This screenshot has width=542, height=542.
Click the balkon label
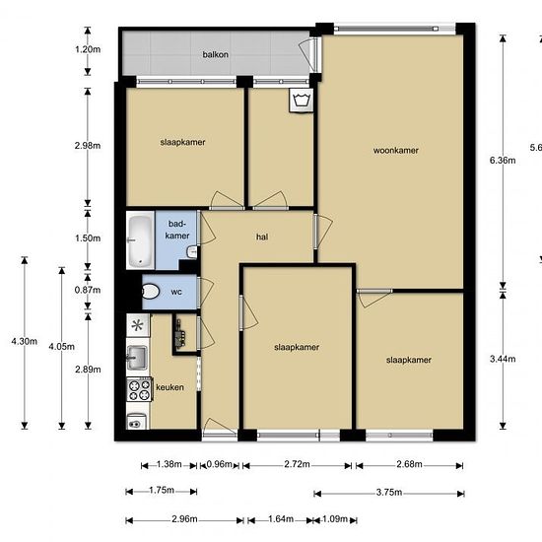click(x=216, y=54)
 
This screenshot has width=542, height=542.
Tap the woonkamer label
click(x=396, y=151)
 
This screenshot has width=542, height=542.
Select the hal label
click(x=262, y=237)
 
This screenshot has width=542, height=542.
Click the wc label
click(x=176, y=292)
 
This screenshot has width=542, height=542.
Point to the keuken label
click(x=169, y=387)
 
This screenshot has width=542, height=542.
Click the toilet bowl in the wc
click(x=150, y=292)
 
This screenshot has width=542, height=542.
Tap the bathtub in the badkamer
click(x=140, y=240)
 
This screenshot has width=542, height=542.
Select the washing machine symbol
click(x=302, y=101)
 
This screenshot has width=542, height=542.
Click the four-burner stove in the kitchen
click(x=139, y=389)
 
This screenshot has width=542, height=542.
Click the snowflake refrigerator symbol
click(x=138, y=325)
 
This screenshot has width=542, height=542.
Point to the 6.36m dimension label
click(x=503, y=161)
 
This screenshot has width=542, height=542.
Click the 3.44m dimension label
click(x=503, y=359)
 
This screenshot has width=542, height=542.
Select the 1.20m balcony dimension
click(x=88, y=49)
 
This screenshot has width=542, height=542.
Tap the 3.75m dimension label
click(x=389, y=492)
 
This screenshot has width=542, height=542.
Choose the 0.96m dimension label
click(x=219, y=464)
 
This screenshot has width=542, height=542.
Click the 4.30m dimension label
click(x=25, y=342)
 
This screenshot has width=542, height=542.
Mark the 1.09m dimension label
click(x=335, y=518)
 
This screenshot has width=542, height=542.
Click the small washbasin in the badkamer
click(x=192, y=252)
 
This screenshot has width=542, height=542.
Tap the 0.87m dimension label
click(x=88, y=290)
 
